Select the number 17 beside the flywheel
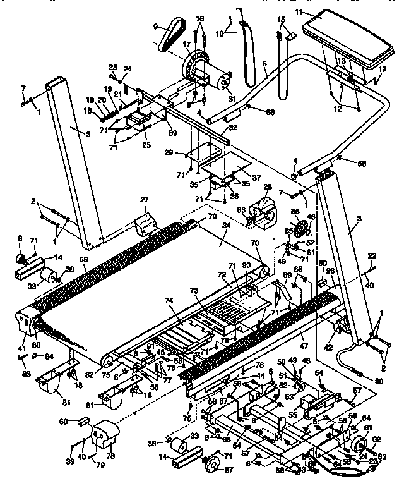(x=187, y=45)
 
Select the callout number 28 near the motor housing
(x=268, y=188)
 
